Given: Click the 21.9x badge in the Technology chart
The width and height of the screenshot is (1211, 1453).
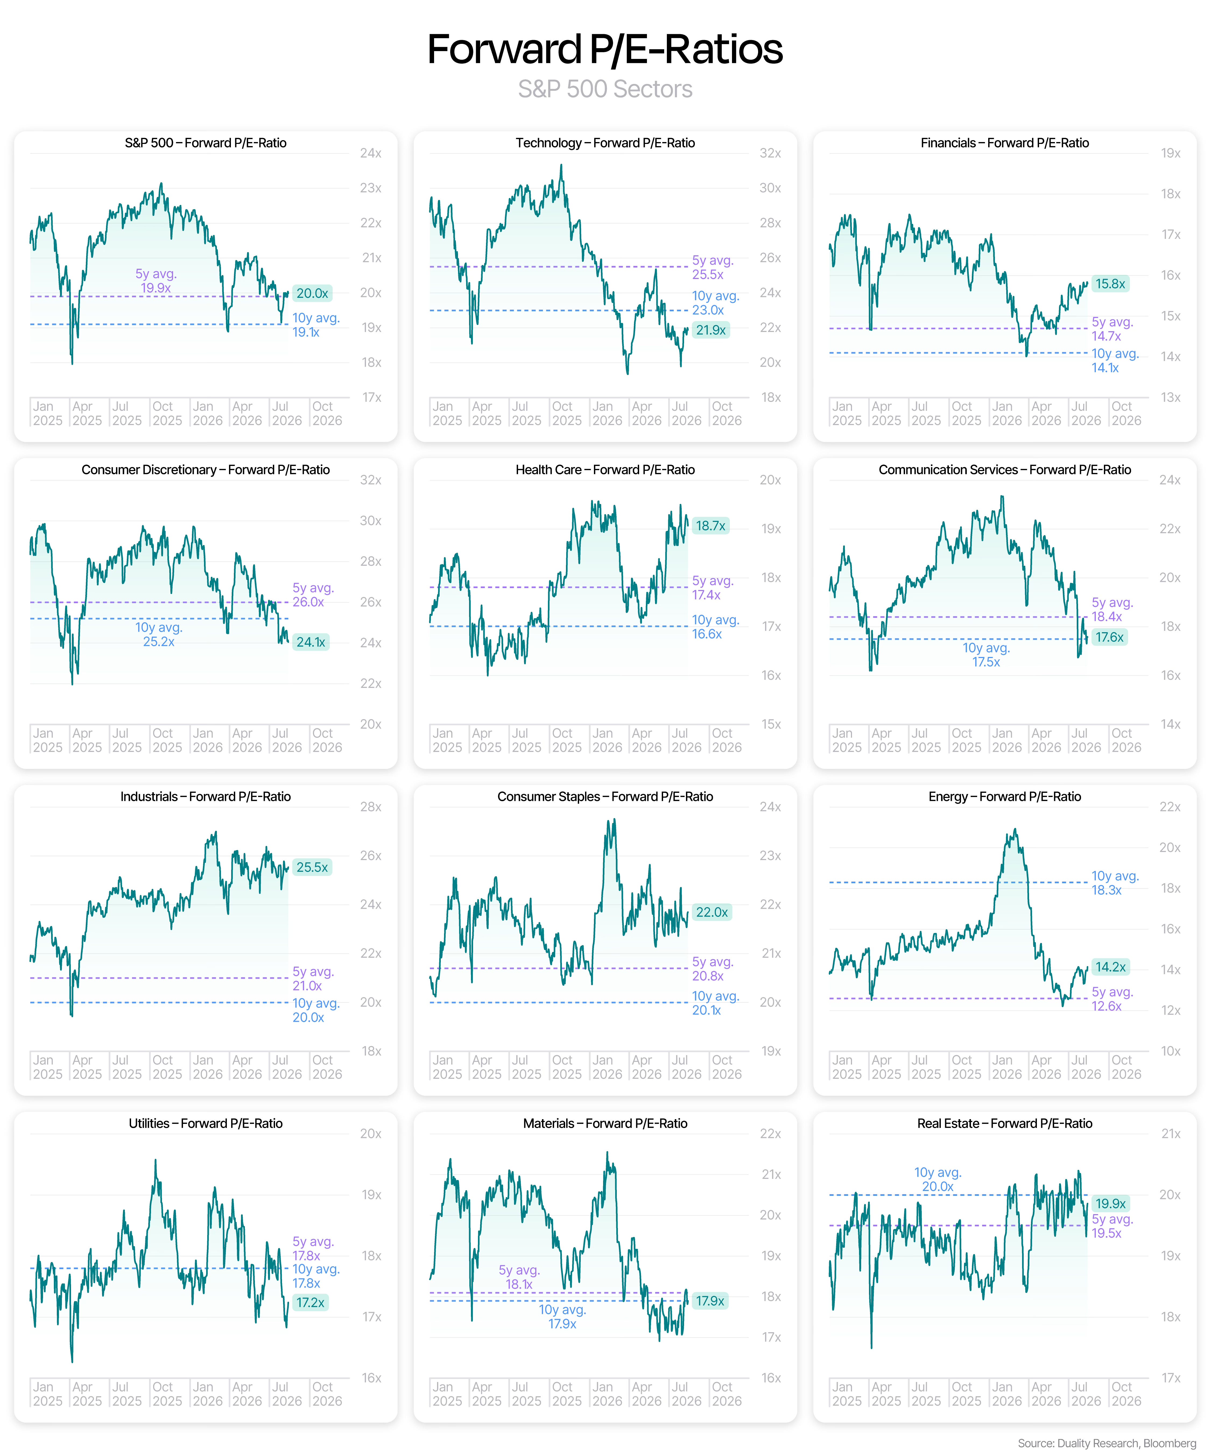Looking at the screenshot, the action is coord(711,330).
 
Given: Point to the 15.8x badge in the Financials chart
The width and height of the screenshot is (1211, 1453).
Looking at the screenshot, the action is coord(1110,284).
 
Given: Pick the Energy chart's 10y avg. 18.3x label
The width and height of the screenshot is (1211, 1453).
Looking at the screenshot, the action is coord(1115,883).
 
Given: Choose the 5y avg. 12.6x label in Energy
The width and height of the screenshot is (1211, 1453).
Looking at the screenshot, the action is coord(1112,999).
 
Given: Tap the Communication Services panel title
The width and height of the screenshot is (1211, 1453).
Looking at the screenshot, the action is coord(1005,470).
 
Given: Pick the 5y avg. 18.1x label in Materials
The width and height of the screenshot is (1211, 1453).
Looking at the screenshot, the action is coord(519,1277).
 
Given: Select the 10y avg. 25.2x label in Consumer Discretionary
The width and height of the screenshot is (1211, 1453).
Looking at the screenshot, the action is coord(159,634).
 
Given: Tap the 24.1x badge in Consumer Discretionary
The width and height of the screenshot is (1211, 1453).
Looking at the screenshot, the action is coord(311,642).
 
